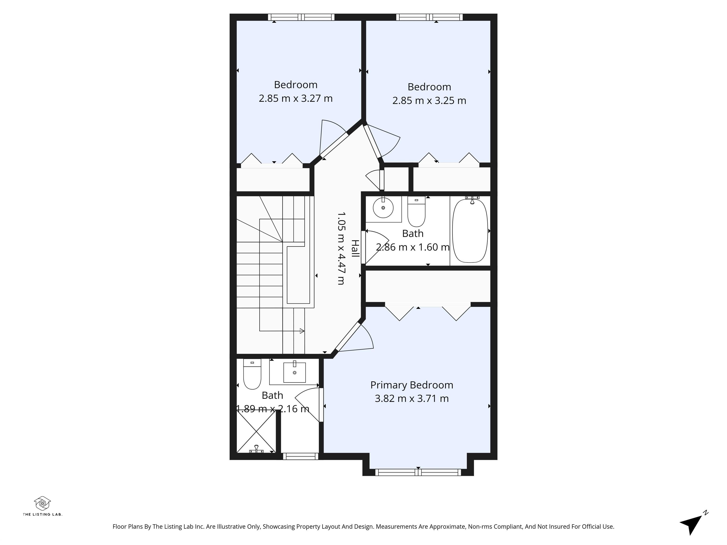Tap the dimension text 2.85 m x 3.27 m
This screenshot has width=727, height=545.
coord(296,98)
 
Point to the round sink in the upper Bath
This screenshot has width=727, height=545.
coord(383,208)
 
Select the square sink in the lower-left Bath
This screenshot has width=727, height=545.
coord(294,373)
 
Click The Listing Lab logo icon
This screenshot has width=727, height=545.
coord(42,503)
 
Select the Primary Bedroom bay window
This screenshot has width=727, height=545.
coord(418,472)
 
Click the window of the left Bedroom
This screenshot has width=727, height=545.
coord(301,17)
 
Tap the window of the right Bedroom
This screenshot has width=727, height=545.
coord(429,17)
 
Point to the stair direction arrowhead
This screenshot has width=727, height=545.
coord(302,331)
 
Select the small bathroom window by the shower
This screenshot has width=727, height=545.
coord(301,456)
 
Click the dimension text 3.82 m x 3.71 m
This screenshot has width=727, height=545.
coord(412,399)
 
